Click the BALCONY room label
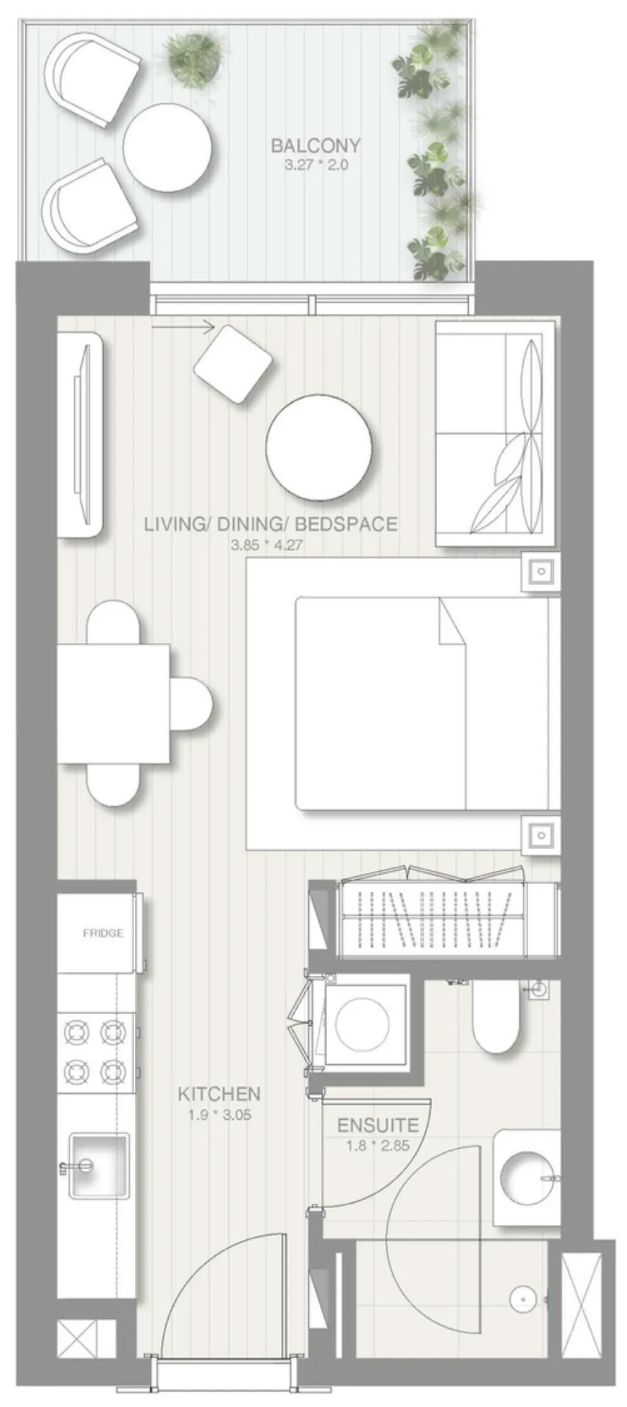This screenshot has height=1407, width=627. [316, 146]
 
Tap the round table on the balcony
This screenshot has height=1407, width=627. [167, 146]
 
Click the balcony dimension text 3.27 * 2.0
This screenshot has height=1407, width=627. [316, 166]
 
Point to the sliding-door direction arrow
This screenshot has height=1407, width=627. [182, 326]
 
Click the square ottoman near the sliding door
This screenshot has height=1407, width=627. [233, 363]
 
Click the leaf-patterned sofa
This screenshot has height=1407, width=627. [494, 433]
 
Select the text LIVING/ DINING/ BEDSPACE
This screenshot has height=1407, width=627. [270, 524]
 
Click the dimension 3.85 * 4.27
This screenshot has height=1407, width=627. [266, 545]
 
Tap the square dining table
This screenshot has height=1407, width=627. [114, 703]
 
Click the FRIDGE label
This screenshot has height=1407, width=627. [103, 933]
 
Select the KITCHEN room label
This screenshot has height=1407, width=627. [219, 1094]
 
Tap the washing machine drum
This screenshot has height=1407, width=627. [362, 1024]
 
